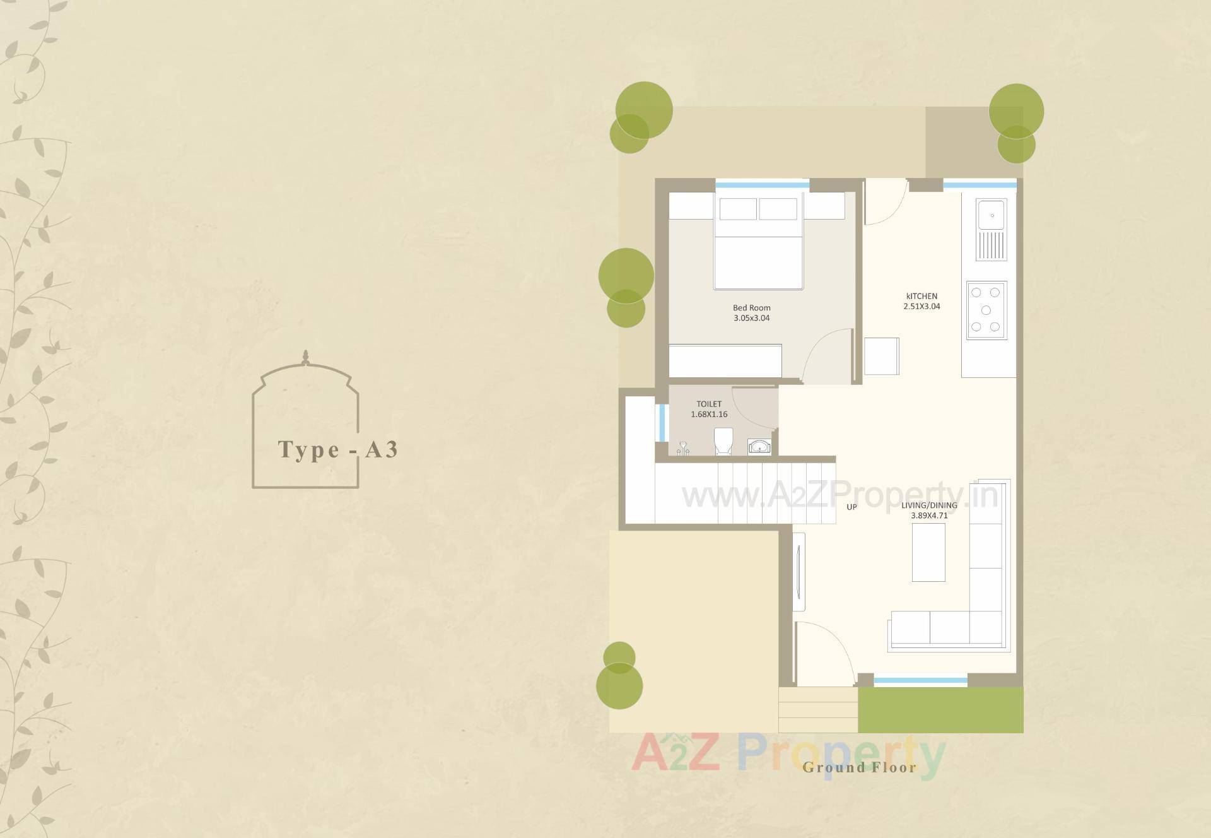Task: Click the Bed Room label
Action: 751,308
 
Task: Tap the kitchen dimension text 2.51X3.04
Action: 921,307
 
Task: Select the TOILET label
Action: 709,404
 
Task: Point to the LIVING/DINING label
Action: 929,505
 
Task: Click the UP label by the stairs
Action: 851,507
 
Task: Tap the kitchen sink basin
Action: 992,215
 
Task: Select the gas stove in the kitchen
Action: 986,310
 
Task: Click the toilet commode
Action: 723,440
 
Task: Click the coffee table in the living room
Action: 928,552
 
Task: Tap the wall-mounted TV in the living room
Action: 799,572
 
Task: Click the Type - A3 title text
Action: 338,449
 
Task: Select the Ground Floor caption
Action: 859,767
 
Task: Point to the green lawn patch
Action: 940,710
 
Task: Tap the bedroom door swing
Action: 827,357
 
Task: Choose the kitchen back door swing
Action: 884,202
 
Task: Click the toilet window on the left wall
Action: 662,422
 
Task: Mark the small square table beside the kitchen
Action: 881,356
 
